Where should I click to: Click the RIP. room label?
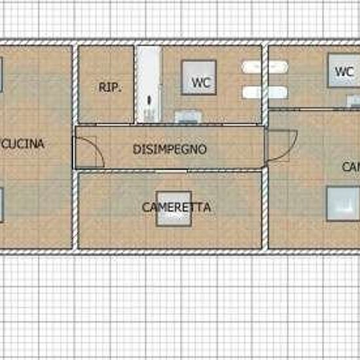(110, 86)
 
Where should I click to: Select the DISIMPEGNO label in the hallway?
(170, 149)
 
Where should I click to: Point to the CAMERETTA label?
(176, 207)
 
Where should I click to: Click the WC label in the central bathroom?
(200, 82)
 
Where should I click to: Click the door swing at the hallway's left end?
(90, 152)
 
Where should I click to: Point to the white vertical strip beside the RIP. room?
(149, 84)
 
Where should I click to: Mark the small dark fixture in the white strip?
(149, 101)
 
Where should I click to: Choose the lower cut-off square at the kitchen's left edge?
(2, 204)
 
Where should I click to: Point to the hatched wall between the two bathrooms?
(265, 79)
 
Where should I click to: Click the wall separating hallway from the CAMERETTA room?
(170, 171)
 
